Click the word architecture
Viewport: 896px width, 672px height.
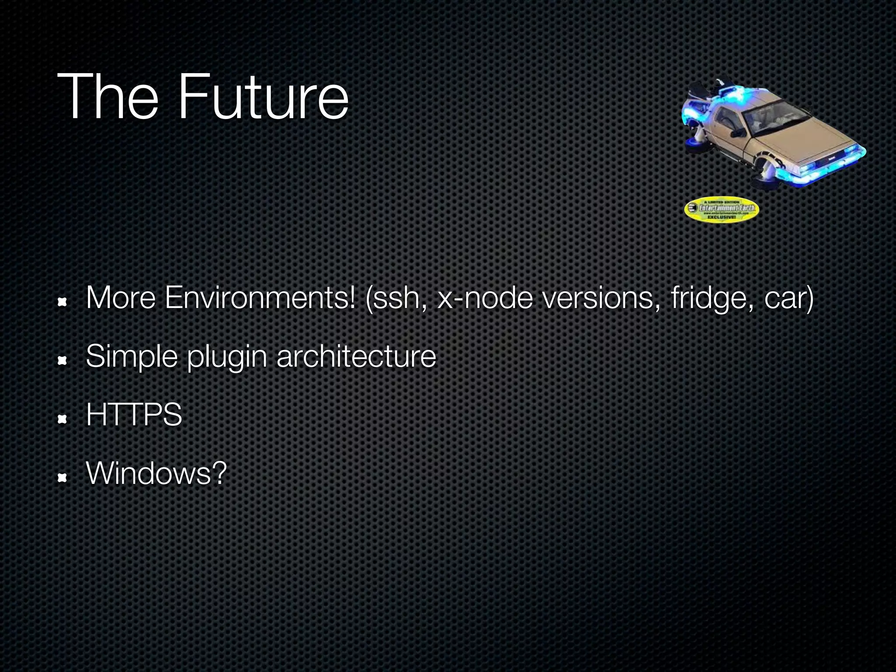click(356, 357)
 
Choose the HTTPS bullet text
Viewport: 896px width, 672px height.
click(134, 415)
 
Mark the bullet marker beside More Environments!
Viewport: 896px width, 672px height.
click(62, 302)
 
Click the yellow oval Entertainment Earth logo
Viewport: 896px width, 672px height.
click(721, 210)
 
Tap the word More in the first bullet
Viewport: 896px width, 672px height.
click(121, 298)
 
